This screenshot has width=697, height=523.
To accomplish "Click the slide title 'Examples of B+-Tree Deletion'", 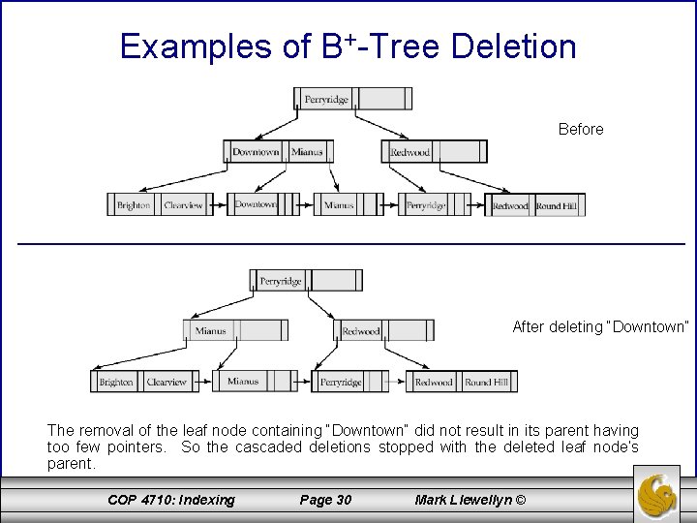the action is [348, 46].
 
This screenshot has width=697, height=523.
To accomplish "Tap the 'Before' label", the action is [581, 129].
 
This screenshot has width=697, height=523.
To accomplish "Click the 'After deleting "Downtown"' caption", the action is [600, 327].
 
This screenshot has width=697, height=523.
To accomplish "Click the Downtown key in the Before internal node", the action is [256, 152].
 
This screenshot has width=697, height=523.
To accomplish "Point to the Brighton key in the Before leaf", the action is [134, 205].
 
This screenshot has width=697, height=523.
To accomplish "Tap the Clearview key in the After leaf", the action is [167, 383].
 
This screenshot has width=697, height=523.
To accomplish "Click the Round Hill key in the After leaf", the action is [486, 383].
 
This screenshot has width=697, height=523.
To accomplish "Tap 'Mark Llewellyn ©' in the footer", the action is [470, 500].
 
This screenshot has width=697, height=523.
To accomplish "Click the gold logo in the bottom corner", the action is [661, 494].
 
